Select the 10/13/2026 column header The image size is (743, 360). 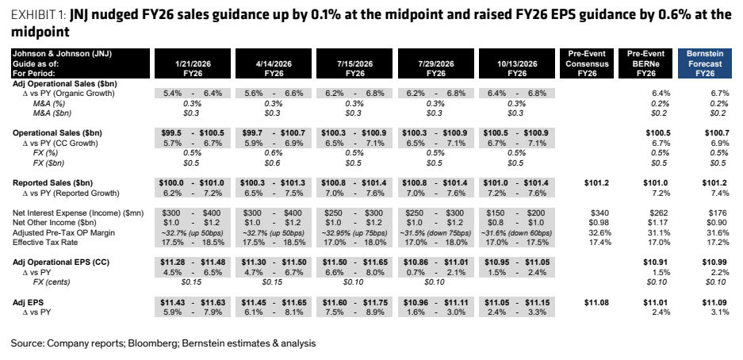click(x=516, y=63)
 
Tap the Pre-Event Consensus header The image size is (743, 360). click(x=587, y=63)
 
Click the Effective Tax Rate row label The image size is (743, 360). click(x=45, y=243)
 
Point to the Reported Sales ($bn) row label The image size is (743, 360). click(x=53, y=183)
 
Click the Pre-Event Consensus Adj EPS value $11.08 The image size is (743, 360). click(x=597, y=302)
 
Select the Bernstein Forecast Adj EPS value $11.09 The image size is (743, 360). click(x=717, y=302)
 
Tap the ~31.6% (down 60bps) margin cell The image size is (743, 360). click(x=516, y=232)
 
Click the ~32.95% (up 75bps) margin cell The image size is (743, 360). click(x=354, y=232)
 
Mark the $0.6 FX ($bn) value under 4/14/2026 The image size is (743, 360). click(x=274, y=163)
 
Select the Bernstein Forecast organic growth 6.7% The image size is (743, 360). click(x=720, y=94)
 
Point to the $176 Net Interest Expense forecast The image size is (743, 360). click(x=719, y=213)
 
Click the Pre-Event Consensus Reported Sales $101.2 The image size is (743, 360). click(x=597, y=183)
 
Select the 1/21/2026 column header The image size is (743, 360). click(x=193, y=63)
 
